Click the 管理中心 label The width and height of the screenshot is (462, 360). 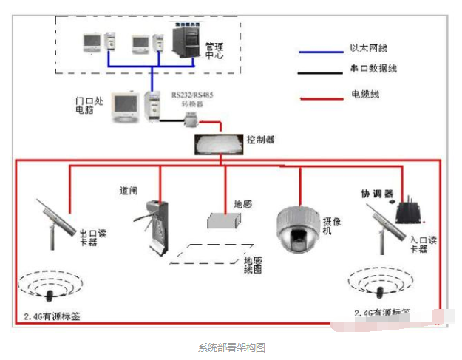click(x=214, y=50)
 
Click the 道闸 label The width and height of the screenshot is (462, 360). click(x=129, y=190)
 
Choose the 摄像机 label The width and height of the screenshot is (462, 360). click(x=327, y=225)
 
